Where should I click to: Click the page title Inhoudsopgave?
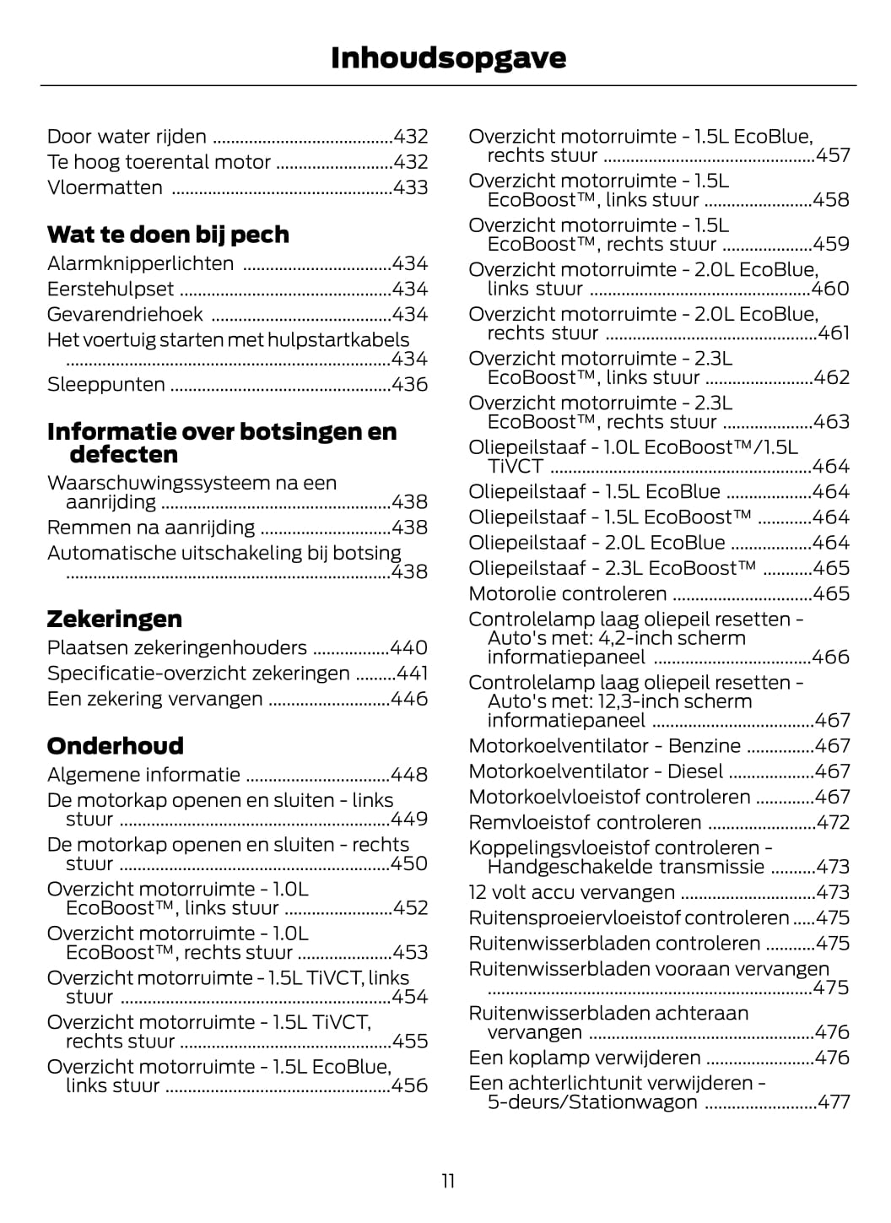(x=448, y=57)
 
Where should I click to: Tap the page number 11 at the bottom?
(x=448, y=1180)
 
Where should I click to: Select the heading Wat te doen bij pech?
(x=168, y=234)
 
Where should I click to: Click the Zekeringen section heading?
(x=114, y=619)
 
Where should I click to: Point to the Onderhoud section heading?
(x=115, y=745)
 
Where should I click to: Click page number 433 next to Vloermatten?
(x=411, y=187)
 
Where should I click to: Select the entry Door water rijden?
(x=127, y=137)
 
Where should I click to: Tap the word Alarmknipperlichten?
(x=140, y=263)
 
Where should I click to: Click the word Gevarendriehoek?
(x=125, y=314)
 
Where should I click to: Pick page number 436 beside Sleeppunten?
(x=410, y=384)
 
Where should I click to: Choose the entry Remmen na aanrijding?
(x=151, y=528)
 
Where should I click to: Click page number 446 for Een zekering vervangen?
(x=409, y=699)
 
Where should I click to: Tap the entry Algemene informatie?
(x=143, y=775)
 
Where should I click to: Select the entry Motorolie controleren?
(x=567, y=593)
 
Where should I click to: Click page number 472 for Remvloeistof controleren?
(x=833, y=822)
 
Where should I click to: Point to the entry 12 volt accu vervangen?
(x=571, y=892)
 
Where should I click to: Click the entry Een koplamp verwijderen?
(x=584, y=1058)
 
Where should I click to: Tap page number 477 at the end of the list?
(x=834, y=1101)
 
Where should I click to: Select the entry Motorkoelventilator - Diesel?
(x=596, y=771)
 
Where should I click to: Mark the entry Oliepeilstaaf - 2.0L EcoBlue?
(x=597, y=543)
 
